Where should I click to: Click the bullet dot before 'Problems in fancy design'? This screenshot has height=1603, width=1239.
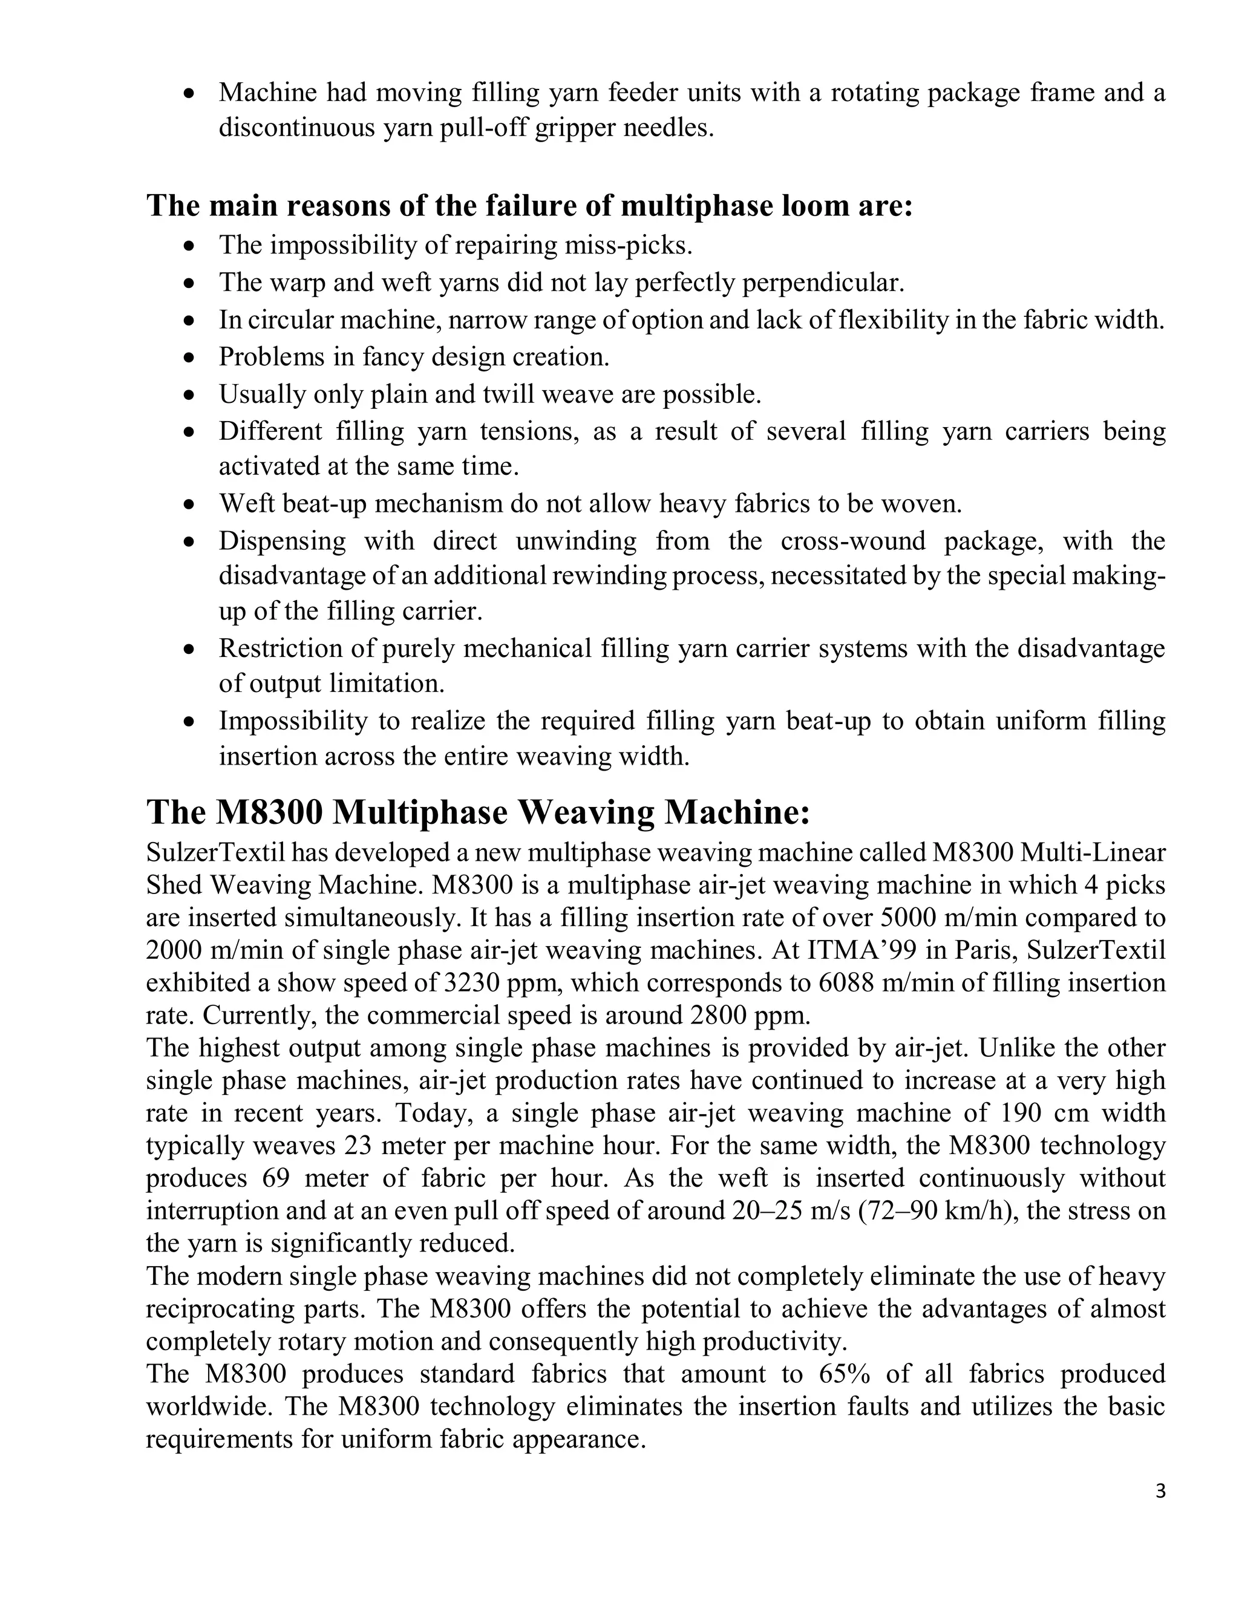(x=190, y=357)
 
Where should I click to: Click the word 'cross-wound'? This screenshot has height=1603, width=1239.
(x=854, y=541)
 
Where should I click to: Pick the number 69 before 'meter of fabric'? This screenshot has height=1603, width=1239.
(x=276, y=1178)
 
